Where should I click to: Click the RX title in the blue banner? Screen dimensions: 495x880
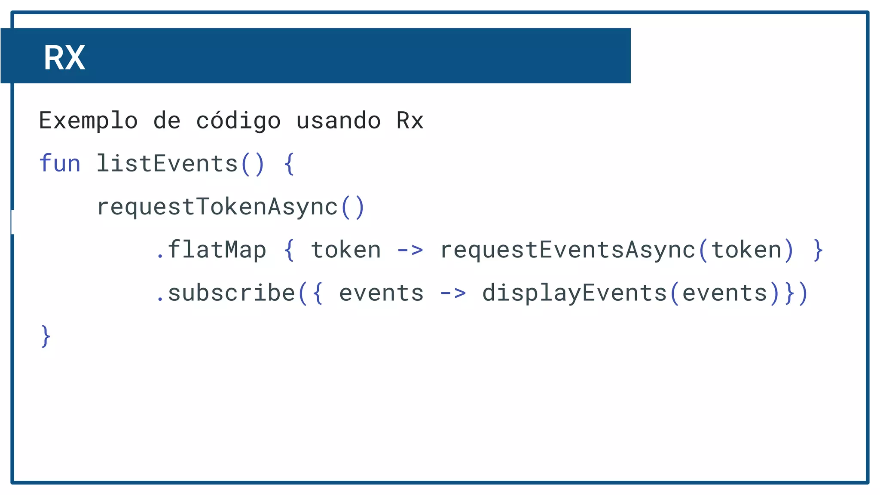tap(64, 58)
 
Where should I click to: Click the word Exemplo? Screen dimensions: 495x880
tap(88, 121)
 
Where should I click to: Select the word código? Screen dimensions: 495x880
tap(238, 121)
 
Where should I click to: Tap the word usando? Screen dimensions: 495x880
tap(339, 121)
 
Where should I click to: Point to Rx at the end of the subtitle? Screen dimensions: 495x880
tap(410, 121)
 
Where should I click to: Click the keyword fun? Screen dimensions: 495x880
tap(60, 164)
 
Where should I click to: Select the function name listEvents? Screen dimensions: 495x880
tap(167, 164)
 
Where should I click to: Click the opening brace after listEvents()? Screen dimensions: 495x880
tap(289, 164)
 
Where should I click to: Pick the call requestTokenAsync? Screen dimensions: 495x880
tap(217, 207)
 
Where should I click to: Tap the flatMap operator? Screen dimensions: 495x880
tap(217, 250)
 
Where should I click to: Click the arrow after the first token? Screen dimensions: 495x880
tap(410, 250)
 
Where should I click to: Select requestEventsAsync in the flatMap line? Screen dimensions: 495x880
tap(567, 250)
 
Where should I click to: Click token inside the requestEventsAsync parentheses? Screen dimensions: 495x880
tap(746, 250)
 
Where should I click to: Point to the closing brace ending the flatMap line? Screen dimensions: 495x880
tap(818, 250)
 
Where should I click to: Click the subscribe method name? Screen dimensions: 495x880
tap(231, 293)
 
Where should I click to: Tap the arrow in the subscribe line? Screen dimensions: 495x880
tap(453, 293)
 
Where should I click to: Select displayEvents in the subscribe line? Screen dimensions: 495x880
tap(574, 293)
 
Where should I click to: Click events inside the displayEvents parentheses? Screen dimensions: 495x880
tap(725, 293)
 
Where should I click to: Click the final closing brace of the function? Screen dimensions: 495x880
tap(46, 336)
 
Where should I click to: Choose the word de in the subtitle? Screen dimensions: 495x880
tap(167, 121)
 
